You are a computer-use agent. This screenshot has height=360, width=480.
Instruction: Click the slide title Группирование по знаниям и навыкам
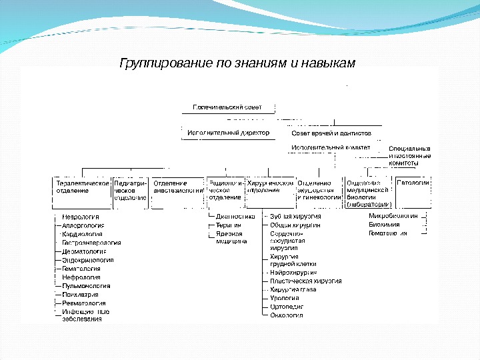pyautogui.click(x=237, y=63)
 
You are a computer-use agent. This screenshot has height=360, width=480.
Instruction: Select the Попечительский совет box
pyautogui.click(x=227, y=107)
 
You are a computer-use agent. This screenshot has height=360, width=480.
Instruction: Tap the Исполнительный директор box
pyautogui.click(x=228, y=133)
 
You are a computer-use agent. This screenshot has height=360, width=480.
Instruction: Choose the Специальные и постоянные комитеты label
pyautogui.click(x=409, y=155)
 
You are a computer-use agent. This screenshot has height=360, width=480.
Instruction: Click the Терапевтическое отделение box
pyautogui.click(x=81, y=187)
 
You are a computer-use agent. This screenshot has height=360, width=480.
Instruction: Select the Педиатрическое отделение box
pyautogui.click(x=130, y=189)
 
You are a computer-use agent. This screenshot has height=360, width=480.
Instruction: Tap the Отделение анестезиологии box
pyautogui.click(x=178, y=187)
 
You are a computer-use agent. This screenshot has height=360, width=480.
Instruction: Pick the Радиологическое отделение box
pyautogui.click(x=225, y=189)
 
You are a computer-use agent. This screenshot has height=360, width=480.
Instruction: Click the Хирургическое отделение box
pyautogui.click(x=270, y=187)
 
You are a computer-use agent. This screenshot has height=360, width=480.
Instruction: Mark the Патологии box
pyautogui.click(x=412, y=183)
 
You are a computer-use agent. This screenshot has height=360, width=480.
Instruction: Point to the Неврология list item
pyautogui.click(x=81, y=217)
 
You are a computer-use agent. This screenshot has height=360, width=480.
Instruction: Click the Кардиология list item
pyautogui.click(x=82, y=235)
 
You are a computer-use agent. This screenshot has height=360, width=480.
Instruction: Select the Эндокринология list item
pyautogui.click(x=87, y=260)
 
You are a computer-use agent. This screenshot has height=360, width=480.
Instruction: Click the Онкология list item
pyautogui.click(x=287, y=315)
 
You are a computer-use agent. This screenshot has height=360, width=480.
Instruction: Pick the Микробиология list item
pyautogui.click(x=393, y=217)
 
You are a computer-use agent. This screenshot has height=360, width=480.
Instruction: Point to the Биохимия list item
pyautogui.click(x=384, y=225)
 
